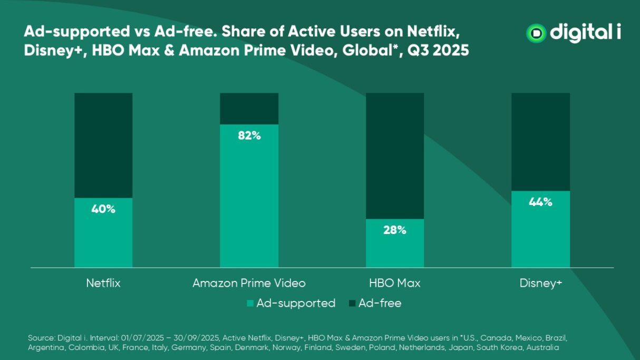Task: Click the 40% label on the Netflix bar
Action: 103,209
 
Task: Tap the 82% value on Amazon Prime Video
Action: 249,135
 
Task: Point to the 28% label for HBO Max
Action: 395,230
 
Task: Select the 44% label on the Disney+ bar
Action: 540,202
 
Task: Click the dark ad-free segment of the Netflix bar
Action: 103,145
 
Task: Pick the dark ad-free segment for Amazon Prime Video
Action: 249,108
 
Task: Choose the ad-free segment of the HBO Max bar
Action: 395,155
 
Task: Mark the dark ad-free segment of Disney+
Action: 540,141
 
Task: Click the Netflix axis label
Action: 103,283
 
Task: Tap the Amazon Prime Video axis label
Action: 249,283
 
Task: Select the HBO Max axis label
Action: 395,283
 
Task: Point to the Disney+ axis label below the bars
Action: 541,283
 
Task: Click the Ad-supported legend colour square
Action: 250,304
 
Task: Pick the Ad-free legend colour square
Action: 352,304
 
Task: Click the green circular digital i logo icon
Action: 536,33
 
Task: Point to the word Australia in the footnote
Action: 542,348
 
